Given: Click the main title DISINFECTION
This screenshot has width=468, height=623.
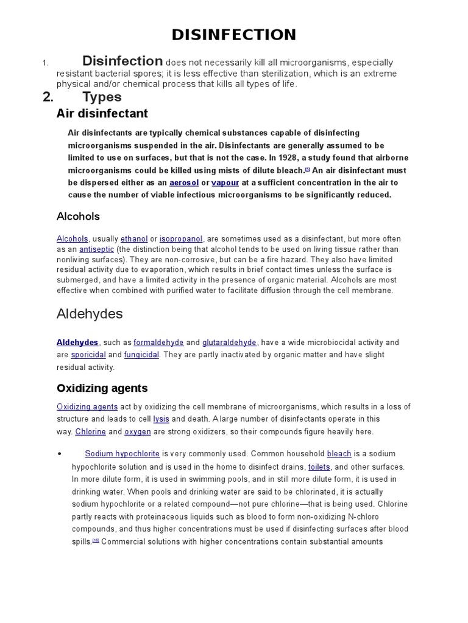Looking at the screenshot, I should point(234,35).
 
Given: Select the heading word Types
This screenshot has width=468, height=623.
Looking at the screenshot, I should point(102,97).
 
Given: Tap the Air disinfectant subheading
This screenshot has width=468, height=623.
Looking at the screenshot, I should point(102,114).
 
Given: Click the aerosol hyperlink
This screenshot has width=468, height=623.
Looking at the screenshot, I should point(185,183).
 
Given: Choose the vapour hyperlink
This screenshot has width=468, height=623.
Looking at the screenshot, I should point(225,183).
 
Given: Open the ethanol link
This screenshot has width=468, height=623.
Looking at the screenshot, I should point(134,239).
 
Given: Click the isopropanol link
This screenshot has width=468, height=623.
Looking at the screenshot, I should point(181,239).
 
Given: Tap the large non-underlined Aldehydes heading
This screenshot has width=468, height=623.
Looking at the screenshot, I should point(90,314).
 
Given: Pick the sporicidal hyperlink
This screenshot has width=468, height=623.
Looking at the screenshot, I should point(88,355).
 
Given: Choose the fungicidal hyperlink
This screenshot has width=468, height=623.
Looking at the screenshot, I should point(141,355).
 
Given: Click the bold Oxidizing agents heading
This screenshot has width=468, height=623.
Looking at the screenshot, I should point(102,388).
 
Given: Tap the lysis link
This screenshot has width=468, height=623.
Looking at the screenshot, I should point(161,419).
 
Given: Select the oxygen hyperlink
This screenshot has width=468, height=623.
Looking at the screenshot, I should point(138,431).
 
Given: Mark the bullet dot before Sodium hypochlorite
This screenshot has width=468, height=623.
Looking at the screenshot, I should point(60,454).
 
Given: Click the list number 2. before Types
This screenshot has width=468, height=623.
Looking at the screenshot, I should point(49,97).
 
